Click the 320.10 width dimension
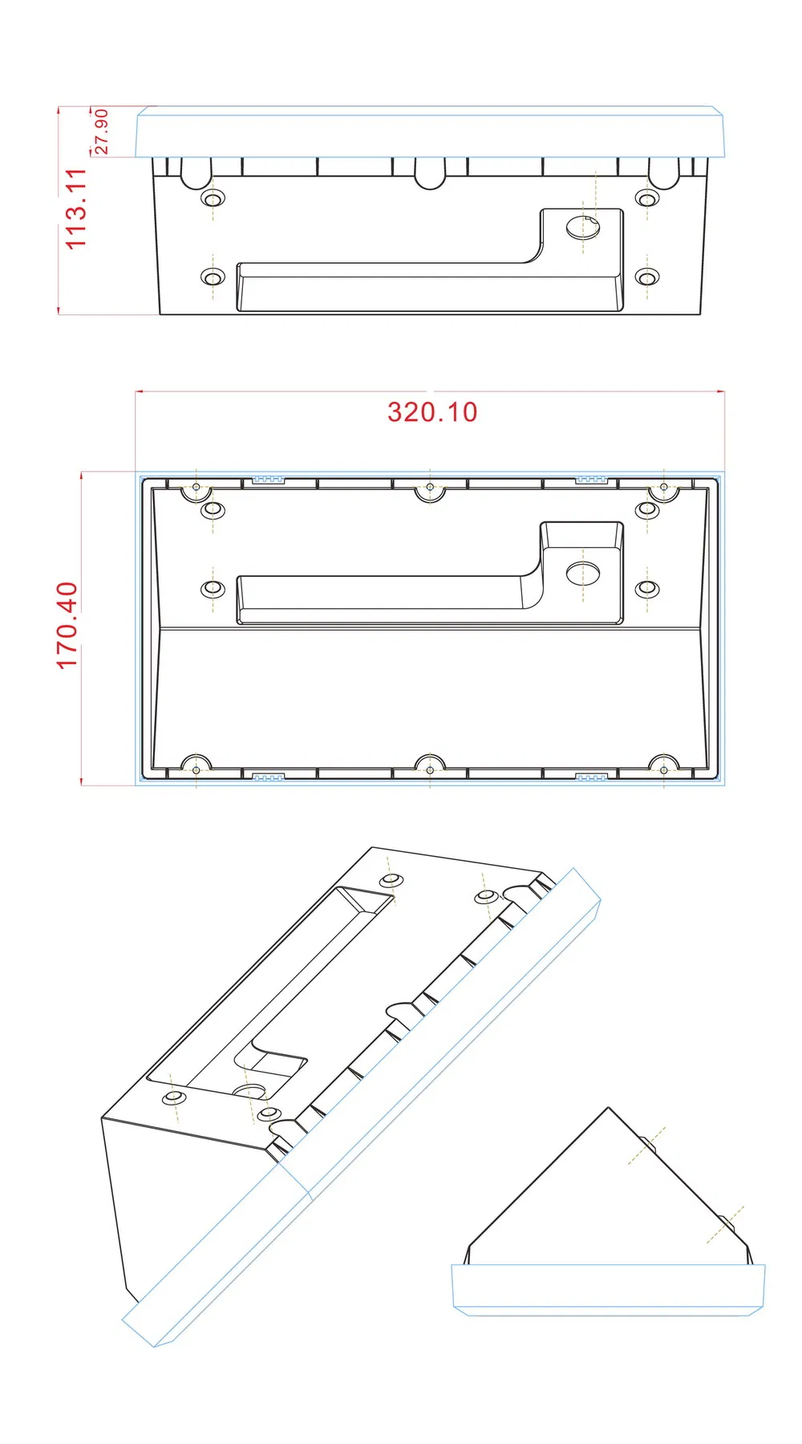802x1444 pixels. tap(432, 412)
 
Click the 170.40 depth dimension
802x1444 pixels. tap(67, 625)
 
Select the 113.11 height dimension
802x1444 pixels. tap(75, 209)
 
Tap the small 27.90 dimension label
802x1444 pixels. tap(102, 132)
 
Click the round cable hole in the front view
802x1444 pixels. tap(583, 226)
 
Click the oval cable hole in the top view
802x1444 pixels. tap(583, 573)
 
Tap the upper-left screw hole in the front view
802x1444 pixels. tap(213, 198)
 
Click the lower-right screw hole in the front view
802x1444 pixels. tap(647, 277)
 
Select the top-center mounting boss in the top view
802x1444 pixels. tap(430, 489)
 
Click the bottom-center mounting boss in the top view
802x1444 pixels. tap(430, 768)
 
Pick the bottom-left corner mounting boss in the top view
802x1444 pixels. tap(196, 768)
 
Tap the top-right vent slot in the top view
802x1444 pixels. tap(592, 480)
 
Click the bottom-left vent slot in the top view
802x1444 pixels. tap(269, 777)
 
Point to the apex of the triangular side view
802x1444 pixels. tap(608, 1109)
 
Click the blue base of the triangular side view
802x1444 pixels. tap(608, 1289)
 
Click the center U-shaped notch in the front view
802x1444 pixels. tap(430, 173)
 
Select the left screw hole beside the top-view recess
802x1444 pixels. tap(213, 588)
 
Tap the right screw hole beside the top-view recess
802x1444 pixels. tap(647, 588)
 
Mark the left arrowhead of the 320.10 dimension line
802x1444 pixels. tap(138, 391)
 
